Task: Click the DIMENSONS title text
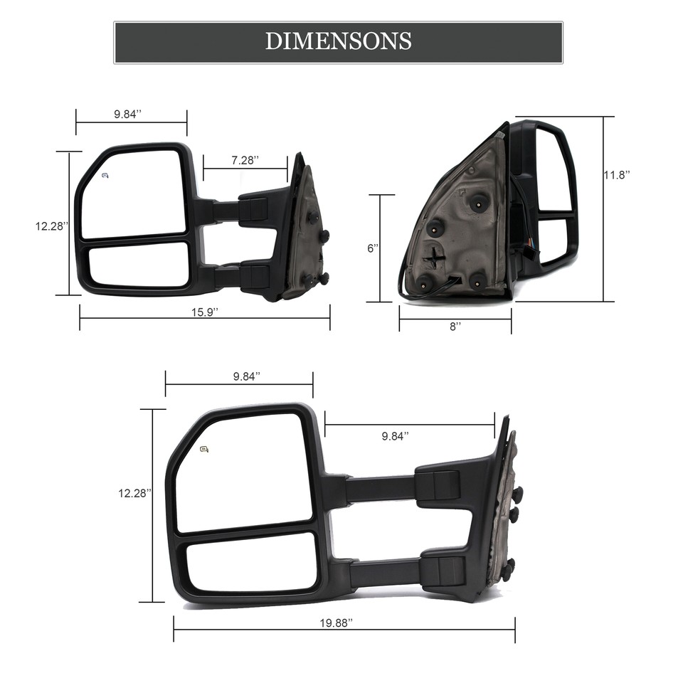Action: pos(338,41)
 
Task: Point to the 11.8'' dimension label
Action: pos(617,174)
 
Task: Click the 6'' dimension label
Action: pos(372,248)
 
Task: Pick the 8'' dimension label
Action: pos(455,325)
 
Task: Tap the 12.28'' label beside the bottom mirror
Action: pos(134,492)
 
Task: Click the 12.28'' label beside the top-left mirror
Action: pos(52,226)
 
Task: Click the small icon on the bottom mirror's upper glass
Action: pos(205,448)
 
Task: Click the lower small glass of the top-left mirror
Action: pos(139,265)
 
